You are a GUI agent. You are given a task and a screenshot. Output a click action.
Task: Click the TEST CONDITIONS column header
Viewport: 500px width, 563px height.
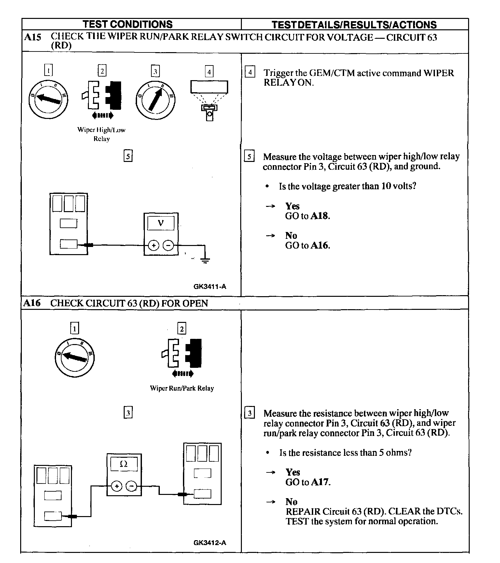tap(128, 24)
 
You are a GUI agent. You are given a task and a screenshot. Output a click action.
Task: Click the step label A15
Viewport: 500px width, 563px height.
tap(33, 37)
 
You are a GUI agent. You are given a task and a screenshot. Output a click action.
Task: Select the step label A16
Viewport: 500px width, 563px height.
tap(32, 303)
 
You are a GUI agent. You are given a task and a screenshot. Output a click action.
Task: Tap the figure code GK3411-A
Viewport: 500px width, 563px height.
tap(210, 287)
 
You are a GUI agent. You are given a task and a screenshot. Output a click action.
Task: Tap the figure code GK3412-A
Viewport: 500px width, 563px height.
tap(210, 542)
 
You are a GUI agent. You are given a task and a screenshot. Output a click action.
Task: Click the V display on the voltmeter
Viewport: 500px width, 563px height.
tap(161, 223)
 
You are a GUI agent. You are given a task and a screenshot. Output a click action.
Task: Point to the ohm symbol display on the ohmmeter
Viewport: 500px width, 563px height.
tap(124, 464)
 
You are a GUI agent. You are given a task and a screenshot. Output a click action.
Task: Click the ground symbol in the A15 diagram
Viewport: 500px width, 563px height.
tap(205, 260)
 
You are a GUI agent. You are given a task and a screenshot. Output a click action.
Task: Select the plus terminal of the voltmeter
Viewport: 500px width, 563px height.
tap(153, 245)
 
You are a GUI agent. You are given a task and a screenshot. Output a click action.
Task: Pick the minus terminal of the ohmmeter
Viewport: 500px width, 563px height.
tap(131, 486)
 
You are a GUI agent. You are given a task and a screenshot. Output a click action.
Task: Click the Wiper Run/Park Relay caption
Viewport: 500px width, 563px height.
tap(182, 388)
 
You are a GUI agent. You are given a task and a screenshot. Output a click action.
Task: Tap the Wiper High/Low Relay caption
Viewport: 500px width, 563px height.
tap(101, 134)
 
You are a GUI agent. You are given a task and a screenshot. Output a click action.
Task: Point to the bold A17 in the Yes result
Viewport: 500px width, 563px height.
tap(320, 482)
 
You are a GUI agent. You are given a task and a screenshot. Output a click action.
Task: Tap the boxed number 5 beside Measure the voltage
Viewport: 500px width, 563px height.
tap(249, 157)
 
